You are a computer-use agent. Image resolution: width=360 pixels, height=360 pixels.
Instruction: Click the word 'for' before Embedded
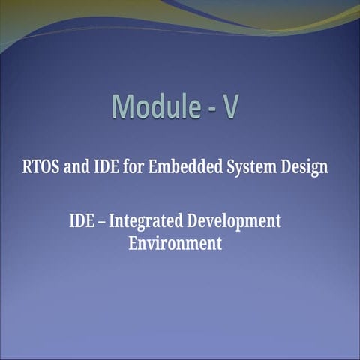(x=134, y=166)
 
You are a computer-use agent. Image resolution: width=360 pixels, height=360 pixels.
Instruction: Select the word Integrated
(x=146, y=222)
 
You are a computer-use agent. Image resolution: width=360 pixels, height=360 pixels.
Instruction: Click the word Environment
(x=175, y=243)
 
